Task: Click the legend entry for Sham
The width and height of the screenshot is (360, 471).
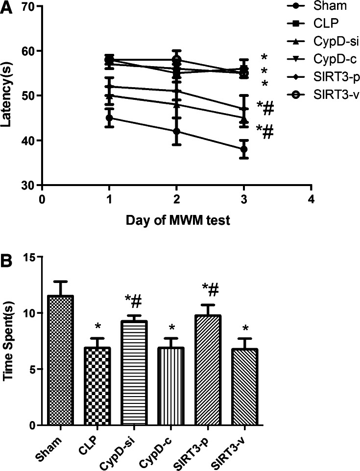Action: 307,6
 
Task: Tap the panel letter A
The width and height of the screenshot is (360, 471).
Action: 6,8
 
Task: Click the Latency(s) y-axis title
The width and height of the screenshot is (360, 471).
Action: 7,96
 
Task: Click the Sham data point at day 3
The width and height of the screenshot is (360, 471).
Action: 243,149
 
